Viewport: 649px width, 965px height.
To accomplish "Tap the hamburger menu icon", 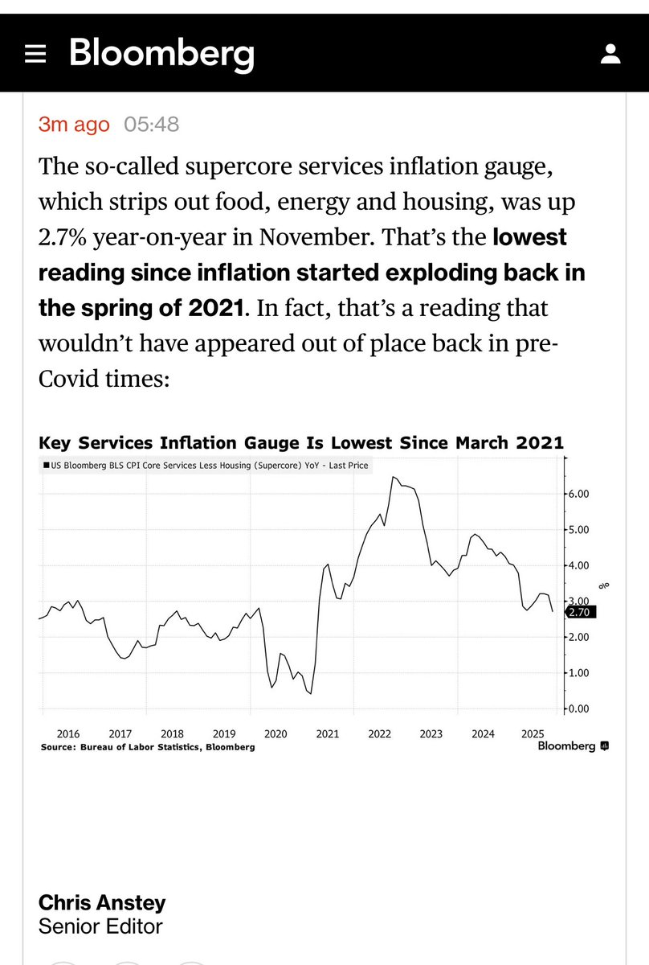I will [x=36, y=55].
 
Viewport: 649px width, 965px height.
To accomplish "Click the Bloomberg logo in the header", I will [x=161, y=54].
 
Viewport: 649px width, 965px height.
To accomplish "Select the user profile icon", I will [x=610, y=55].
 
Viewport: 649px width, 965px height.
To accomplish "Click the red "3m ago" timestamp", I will [x=74, y=125].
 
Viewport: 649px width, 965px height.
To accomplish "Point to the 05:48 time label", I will [x=152, y=125].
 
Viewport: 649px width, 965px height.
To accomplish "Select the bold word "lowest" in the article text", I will [x=529, y=238].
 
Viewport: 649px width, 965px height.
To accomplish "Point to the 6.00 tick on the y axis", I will [x=579, y=494].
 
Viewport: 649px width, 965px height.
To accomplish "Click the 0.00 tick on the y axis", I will [x=579, y=708].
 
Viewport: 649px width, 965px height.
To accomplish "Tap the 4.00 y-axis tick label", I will [x=579, y=565].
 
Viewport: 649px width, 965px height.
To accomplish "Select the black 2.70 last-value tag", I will [x=579, y=612].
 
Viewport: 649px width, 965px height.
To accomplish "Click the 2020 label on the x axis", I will [x=276, y=733].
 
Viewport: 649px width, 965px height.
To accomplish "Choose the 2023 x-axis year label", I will [x=431, y=733].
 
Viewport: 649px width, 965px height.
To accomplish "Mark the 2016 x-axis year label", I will [x=68, y=733].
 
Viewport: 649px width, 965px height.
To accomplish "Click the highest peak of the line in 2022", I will [x=394, y=477].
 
